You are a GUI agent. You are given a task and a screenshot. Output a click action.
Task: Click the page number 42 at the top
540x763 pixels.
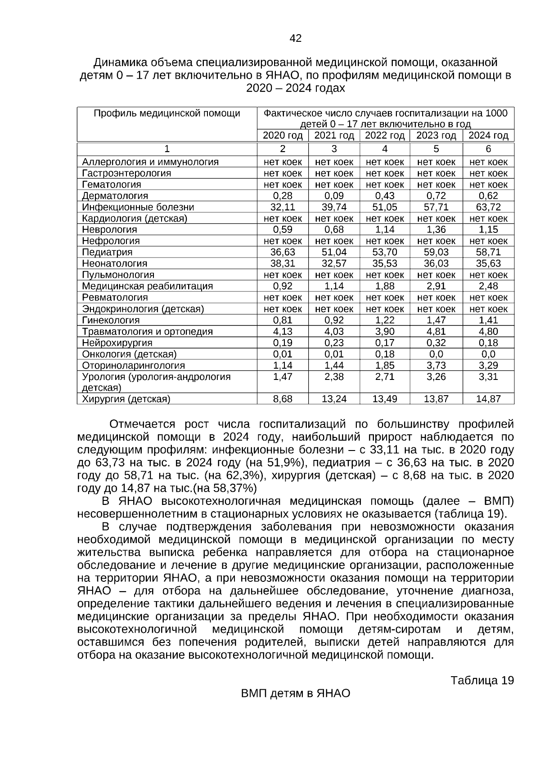click(x=296, y=39)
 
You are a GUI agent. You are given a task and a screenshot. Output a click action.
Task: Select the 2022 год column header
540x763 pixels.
click(x=385, y=136)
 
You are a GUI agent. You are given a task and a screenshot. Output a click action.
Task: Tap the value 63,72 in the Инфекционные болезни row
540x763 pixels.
click(x=488, y=207)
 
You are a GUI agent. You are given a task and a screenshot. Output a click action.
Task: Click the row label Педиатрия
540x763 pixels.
click(x=107, y=252)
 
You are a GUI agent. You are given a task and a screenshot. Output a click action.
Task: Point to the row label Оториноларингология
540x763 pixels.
click(x=133, y=366)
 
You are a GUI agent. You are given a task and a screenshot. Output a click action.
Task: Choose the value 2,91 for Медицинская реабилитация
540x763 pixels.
click(x=436, y=286)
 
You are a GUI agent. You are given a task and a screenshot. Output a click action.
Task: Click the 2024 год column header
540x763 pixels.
click(x=488, y=136)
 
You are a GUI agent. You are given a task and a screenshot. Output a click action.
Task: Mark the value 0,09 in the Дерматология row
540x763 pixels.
click(x=334, y=196)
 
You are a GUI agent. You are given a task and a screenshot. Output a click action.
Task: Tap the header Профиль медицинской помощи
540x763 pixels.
click(x=167, y=113)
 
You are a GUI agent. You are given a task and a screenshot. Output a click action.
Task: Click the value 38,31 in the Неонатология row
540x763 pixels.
click(x=283, y=263)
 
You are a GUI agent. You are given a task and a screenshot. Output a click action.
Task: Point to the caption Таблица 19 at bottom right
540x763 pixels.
click(x=482, y=680)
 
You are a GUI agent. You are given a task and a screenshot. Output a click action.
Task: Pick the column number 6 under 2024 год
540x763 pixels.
click(x=488, y=149)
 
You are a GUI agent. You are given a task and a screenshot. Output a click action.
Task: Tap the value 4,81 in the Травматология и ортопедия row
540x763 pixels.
click(x=436, y=332)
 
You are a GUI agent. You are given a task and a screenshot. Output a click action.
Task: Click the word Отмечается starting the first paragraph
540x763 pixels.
click(x=142, y=424)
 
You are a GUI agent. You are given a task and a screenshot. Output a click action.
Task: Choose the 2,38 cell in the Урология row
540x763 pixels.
click(x=334, y=377)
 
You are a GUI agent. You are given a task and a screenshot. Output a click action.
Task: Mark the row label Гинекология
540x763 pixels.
click(x=111, y=320)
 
